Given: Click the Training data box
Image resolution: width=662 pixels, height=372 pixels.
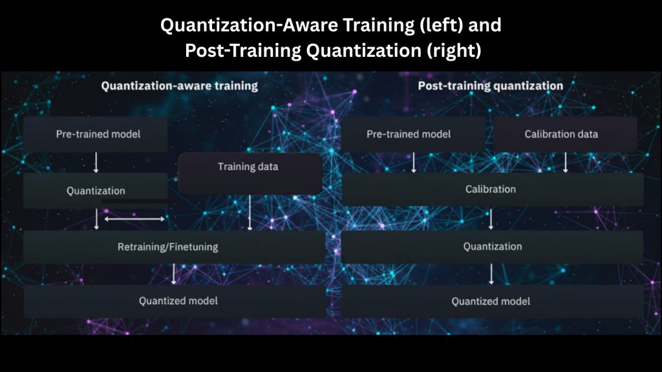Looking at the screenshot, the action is click(x=250, y=174).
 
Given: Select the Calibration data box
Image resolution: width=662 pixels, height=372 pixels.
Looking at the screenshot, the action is click(x=565, y=134).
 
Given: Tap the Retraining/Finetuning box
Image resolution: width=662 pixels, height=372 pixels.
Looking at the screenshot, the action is click(x=175, y=247).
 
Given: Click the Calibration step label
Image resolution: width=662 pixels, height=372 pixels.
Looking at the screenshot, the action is click(x=491, y=189).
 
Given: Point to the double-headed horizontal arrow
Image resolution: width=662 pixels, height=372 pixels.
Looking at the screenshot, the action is click(x=134, y=219).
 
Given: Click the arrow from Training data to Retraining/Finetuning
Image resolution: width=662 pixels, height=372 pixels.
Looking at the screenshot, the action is click(x=250, y=212).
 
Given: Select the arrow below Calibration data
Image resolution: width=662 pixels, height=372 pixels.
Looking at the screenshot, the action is click(x=565, y=163).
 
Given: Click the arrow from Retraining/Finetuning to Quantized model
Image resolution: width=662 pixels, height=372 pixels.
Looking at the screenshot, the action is click(x=173, y=274).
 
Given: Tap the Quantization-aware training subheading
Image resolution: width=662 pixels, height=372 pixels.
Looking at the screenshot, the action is click(x=180, y=86).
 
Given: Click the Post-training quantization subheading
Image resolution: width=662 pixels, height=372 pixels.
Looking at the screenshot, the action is click(x=491, y=86).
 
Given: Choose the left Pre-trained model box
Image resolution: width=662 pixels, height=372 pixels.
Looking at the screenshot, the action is click(x=96, y=134).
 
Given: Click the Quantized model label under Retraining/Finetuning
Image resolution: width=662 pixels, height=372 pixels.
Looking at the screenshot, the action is click(x=178, y=301).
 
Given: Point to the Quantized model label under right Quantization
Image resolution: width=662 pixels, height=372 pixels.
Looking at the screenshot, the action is click(x=491, y=302).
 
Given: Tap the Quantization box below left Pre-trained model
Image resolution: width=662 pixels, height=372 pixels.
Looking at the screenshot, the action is click(x=96, y=191).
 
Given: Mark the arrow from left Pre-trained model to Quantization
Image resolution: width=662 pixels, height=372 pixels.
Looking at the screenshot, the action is click(x=96, y=163).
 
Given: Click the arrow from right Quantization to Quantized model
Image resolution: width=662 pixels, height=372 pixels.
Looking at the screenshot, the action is click(x=491, y=274).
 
